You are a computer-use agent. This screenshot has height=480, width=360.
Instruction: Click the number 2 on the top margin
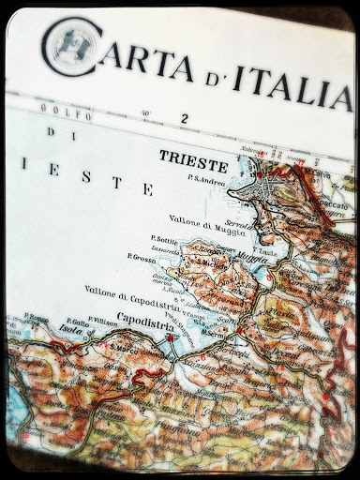click(185, 118)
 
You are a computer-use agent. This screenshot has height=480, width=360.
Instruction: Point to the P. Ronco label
click(38, 319)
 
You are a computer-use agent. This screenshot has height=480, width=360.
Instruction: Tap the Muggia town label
click(246, 251)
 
